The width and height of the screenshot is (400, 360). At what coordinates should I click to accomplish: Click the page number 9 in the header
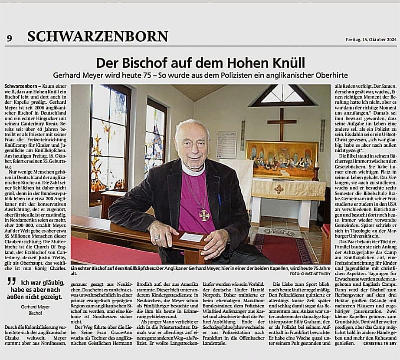(x=9, y=38)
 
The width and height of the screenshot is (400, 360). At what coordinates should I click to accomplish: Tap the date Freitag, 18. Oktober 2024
(x=371, y=40)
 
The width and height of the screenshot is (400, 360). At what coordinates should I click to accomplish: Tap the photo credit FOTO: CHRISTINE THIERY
(x=308, y=274)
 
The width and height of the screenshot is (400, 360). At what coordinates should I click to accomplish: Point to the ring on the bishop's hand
(x=157, y=238)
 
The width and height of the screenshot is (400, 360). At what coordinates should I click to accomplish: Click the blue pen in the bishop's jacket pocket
(x=220, y=199)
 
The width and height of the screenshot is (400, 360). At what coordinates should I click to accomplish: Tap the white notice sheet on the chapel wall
(x=226, y=145)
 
